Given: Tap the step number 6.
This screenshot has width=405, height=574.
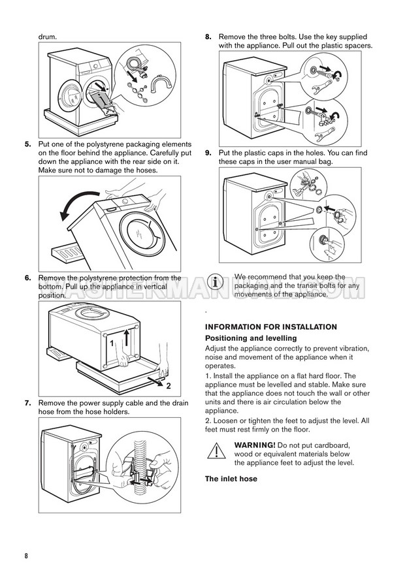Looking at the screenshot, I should pos(27,278).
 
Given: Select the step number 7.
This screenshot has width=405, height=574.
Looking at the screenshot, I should pos(27,404).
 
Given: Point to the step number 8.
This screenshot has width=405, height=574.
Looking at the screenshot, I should pos(208,37).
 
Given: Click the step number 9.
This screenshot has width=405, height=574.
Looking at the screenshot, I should pos(208,153).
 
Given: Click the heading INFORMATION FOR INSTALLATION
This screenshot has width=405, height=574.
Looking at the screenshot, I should pos(271,327).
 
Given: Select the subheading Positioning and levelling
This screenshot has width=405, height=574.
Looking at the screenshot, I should pos(251,338).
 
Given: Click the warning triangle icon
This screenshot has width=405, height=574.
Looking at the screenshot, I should pos(215,451).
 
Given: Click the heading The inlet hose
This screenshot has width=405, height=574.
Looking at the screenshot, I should pos(231,479).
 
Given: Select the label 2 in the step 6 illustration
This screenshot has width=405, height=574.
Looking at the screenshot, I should pos(168,387).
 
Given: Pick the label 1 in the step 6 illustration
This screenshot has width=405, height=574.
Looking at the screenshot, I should pos(112,343).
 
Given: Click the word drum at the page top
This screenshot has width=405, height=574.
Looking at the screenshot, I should pos(48,37).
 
